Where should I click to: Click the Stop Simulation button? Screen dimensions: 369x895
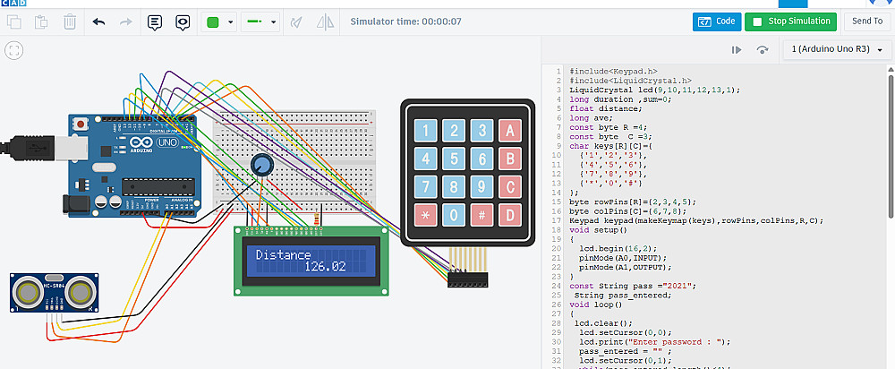point(788,21)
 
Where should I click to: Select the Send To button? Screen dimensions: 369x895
point(866,21)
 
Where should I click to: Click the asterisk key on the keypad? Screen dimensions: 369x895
point(426,215)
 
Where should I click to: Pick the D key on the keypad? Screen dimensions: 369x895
point(510,215)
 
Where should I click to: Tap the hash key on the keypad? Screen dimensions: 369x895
point(482,215)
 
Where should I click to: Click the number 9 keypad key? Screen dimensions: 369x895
point(482,187)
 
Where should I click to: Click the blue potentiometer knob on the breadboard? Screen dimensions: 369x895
point(260,164)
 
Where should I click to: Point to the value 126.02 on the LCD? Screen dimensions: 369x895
point(325,266)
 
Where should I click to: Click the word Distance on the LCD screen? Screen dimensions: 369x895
point(284,255)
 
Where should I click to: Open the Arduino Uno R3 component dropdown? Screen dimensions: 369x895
point(837,50)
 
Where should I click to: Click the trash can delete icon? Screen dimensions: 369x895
point(70,21)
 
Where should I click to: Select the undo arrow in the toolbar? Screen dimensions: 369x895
point(98,21)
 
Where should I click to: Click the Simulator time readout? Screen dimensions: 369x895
point(405,21)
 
